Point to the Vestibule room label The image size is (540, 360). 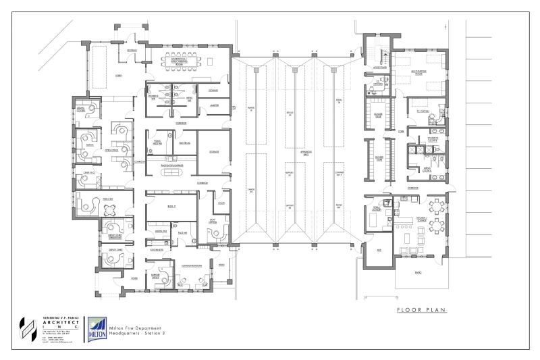tap(133, 51)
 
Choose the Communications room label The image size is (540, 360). tap(192, 265)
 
